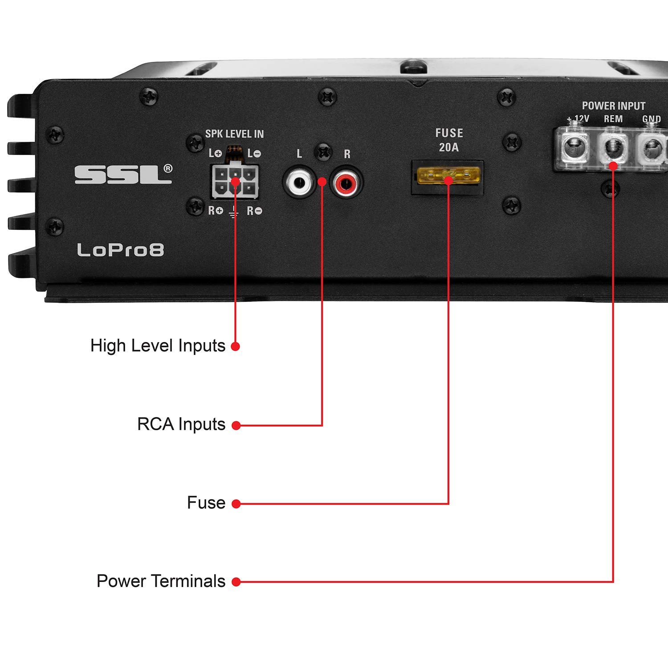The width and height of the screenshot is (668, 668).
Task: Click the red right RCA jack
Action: coord(346,183)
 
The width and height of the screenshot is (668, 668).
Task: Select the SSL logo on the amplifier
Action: coord(123,174)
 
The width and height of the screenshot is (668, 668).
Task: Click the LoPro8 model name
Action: coord(120,250)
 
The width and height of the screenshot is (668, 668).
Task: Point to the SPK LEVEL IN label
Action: coord(234,134)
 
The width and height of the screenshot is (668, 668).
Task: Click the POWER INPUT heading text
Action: coord(613,106)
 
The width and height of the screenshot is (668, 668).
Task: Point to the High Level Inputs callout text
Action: coord(158,346)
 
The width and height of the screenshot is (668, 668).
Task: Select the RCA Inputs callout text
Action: coord(181,424)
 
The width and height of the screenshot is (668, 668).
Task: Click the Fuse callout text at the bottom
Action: coord(206,503)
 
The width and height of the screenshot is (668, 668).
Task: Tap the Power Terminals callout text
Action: coord(161,581)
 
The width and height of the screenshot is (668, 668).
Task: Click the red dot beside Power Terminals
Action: coord(236,582)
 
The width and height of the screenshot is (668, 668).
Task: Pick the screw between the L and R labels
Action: coord(323,152)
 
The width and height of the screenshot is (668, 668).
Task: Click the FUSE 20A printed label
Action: coord(449,140)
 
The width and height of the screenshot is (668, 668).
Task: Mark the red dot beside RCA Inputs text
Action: coord(236,426)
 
